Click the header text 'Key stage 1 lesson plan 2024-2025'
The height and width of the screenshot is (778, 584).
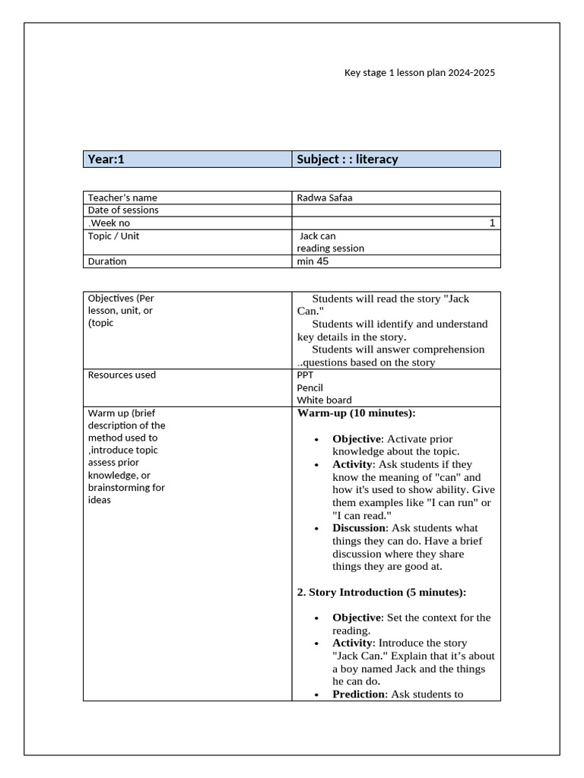[x=421, y=73]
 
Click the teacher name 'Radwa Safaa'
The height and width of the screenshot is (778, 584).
[x=325, y=198]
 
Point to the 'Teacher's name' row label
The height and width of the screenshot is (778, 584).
[x=122, y=198]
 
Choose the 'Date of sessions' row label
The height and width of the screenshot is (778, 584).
[x=123, y=210]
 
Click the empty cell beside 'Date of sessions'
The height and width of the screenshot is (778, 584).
[x=395, y=210]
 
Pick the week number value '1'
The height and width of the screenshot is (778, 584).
[x=492, y=223]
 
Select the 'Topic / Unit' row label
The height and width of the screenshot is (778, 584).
[x=113, y=236]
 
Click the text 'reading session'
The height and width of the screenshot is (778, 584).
[x=330, y=248]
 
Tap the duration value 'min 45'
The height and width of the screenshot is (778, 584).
[x=313, y=261]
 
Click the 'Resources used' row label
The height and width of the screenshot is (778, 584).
[x=122, y=375]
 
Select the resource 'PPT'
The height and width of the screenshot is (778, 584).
[x=305, y=375]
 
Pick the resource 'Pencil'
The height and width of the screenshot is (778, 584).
[x=309, y=387]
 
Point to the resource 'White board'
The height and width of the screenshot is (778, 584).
[x=324, y=400]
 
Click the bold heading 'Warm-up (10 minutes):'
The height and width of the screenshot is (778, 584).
[x=356, y=413]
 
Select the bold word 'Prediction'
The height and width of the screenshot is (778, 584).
[x=358, y=694]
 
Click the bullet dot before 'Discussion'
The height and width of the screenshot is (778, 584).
[x=316, y=529]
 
